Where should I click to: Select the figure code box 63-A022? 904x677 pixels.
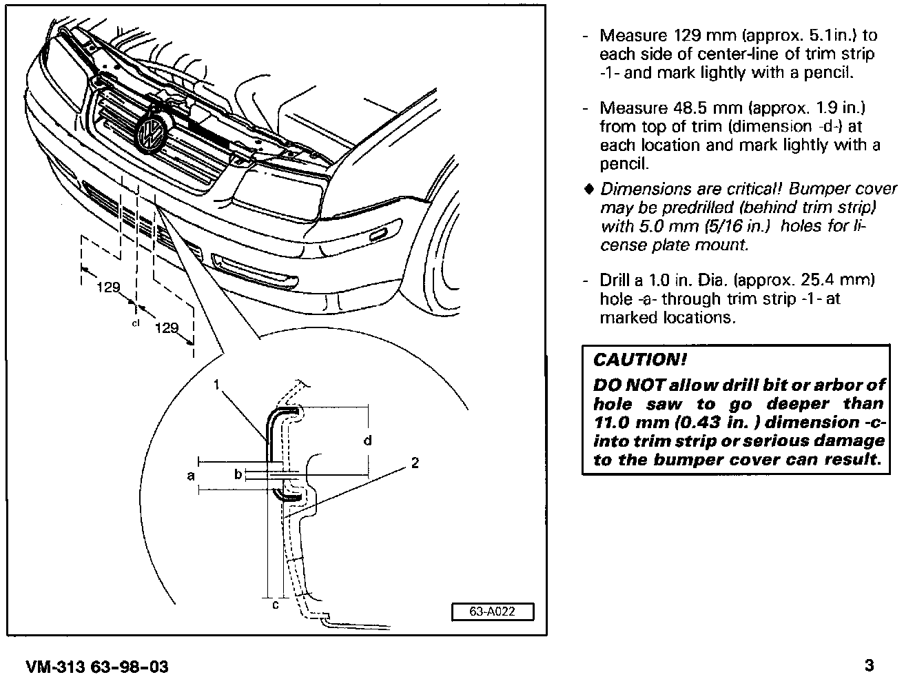493,612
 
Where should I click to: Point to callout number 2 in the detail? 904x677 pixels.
415,463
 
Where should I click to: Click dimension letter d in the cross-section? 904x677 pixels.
367,441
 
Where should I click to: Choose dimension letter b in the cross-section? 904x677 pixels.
238,474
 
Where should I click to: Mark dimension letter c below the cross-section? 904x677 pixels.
275,605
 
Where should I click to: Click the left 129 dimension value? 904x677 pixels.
108,287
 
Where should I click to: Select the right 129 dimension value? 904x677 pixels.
167,328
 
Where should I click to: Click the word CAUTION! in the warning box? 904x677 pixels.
640,360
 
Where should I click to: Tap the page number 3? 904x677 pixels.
869,665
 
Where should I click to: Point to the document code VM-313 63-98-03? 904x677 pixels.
97,667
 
